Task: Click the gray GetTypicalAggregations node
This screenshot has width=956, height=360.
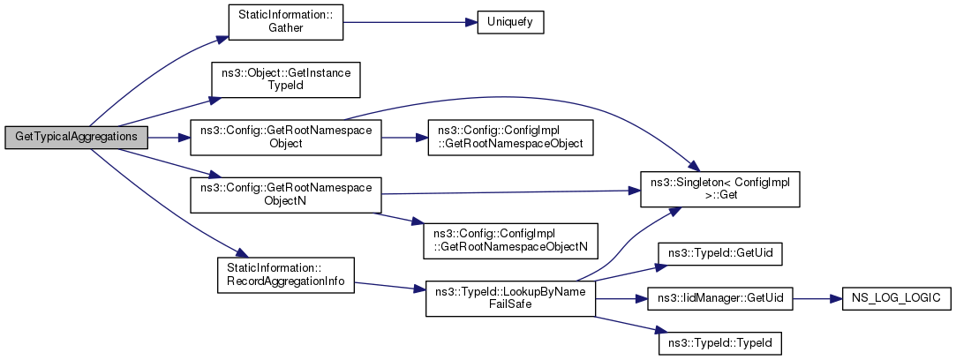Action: [x=76, y=138]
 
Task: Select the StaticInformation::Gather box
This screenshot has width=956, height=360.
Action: [x=285, y=23]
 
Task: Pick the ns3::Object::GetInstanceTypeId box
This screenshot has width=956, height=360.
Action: [x=285, y=79]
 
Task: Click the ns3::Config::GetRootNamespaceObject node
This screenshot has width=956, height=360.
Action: [x=286, y=138]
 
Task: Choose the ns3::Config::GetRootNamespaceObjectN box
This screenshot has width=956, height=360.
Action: [x=286, y=195]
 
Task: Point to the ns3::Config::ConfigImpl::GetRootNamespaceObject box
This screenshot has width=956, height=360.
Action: [x=511, y=138]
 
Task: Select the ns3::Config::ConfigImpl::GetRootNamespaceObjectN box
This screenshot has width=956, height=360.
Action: [x=511, y=240]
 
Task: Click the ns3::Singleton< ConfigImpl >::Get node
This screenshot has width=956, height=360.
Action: [x=719, y=190]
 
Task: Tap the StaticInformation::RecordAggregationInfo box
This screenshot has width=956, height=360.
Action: [x=286, y=274]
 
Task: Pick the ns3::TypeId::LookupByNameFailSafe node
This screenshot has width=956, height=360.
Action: [x=510, y=298]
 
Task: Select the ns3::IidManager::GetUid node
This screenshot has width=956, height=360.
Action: [x=719, y=298]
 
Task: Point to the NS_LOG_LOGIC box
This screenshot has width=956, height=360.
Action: [x=892, y=298]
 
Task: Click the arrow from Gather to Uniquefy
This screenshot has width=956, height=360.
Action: [x=410, y=23]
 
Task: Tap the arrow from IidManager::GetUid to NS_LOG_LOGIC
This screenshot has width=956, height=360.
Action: [x=817, y=298]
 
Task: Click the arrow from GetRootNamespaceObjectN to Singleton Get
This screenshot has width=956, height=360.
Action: [x=510, y=192]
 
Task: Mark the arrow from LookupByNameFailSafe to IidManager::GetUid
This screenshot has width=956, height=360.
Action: [x=621, y=298]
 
